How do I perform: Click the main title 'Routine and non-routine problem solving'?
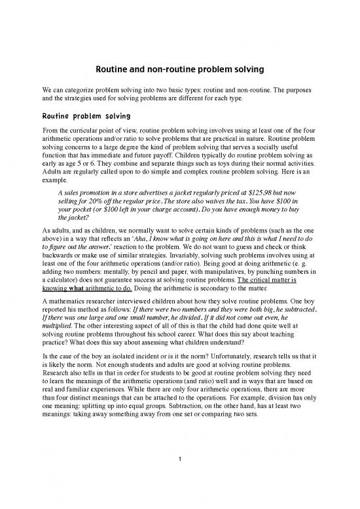180,67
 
